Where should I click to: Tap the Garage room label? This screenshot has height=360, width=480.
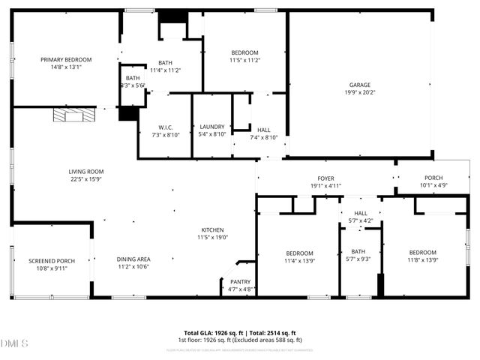[360, 85]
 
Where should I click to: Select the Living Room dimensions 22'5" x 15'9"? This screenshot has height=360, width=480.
[86, 180]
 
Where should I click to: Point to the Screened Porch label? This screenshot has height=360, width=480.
[51, 261]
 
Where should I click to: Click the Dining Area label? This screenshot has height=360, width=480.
[133, 259]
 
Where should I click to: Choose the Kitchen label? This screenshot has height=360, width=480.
[212, 230]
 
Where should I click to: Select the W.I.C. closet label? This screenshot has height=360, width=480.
[165, 127]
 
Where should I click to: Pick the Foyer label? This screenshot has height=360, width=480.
[325, 178]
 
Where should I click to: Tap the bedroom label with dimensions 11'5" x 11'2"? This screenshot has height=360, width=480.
[244, 52]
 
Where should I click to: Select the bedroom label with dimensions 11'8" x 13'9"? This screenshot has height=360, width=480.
[422, 253]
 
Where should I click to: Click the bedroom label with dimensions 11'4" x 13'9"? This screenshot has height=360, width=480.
[298, 253]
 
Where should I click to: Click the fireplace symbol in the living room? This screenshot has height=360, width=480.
[75, 115]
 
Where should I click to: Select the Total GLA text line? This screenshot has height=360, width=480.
[240, 333]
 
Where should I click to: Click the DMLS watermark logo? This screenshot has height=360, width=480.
[15, 343]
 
